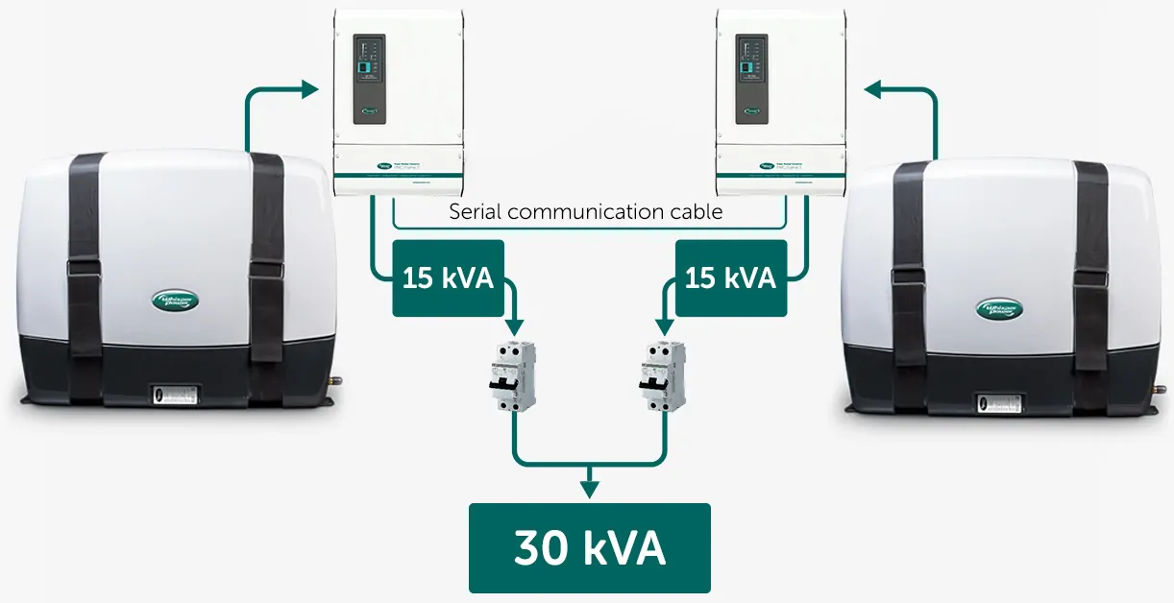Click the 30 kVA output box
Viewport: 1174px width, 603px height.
[x=589, y=548]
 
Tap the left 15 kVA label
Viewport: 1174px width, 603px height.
[x=448, y=278]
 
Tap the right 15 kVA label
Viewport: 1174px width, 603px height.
[x=730, y=278]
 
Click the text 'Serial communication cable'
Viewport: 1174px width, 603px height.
[x=585, y=211]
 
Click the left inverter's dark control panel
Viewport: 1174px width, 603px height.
[x=369, y=79]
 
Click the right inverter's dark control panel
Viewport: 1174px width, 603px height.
[x=752, y=79]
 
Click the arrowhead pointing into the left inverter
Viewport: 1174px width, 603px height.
[x=308, y=90]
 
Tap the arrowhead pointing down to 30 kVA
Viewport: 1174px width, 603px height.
[x=588, y=489]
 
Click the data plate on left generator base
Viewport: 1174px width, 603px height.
[x=173, y=395]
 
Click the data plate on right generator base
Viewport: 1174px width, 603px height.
[x=1000, y=404]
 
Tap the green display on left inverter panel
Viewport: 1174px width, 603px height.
[x=363, y=67]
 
